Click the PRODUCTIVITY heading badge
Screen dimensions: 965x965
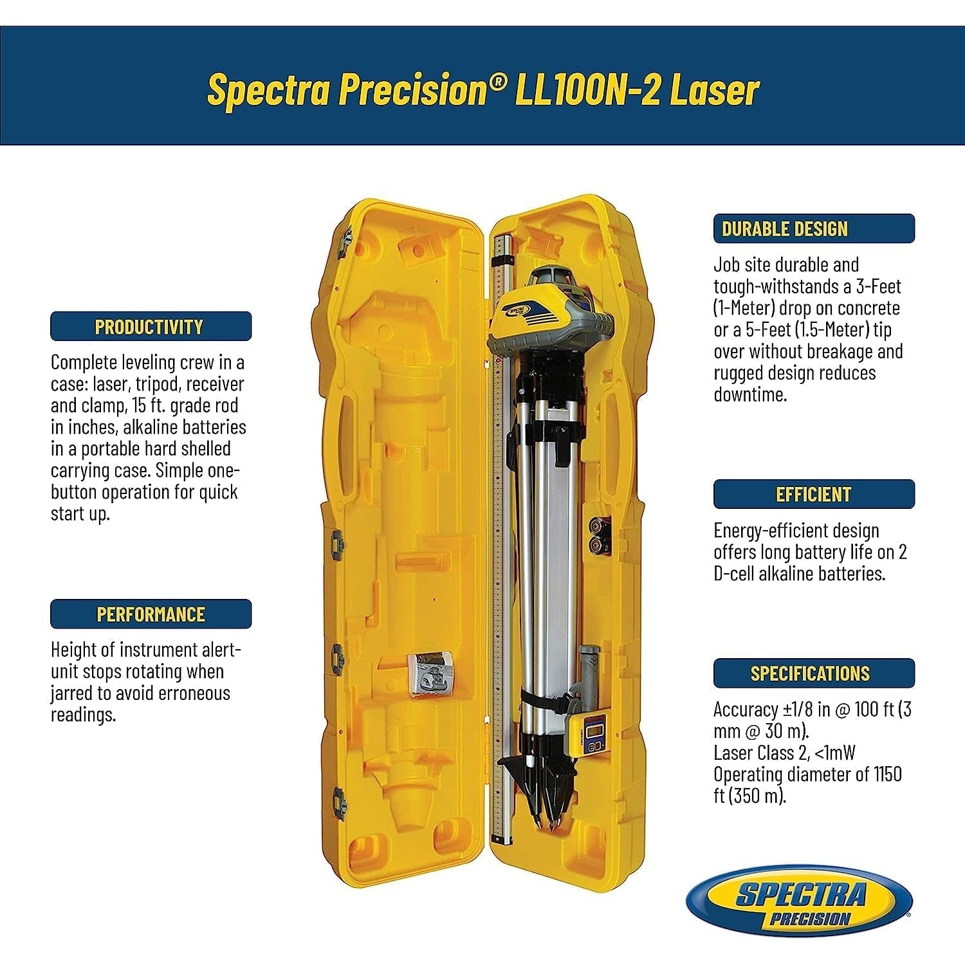(x=151, y=326)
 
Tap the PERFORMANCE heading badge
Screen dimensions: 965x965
(x=151, y=614)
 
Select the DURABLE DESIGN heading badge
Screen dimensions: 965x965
(x=813, y=228)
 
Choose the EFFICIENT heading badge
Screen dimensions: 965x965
(x=813, y=494)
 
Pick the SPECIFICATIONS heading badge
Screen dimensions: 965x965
(x=813, y=673)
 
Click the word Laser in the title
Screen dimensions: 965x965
(x=715, y=90)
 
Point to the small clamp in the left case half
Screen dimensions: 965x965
(x=429, y=672)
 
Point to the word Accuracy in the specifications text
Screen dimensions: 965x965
(x=746, y=710)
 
